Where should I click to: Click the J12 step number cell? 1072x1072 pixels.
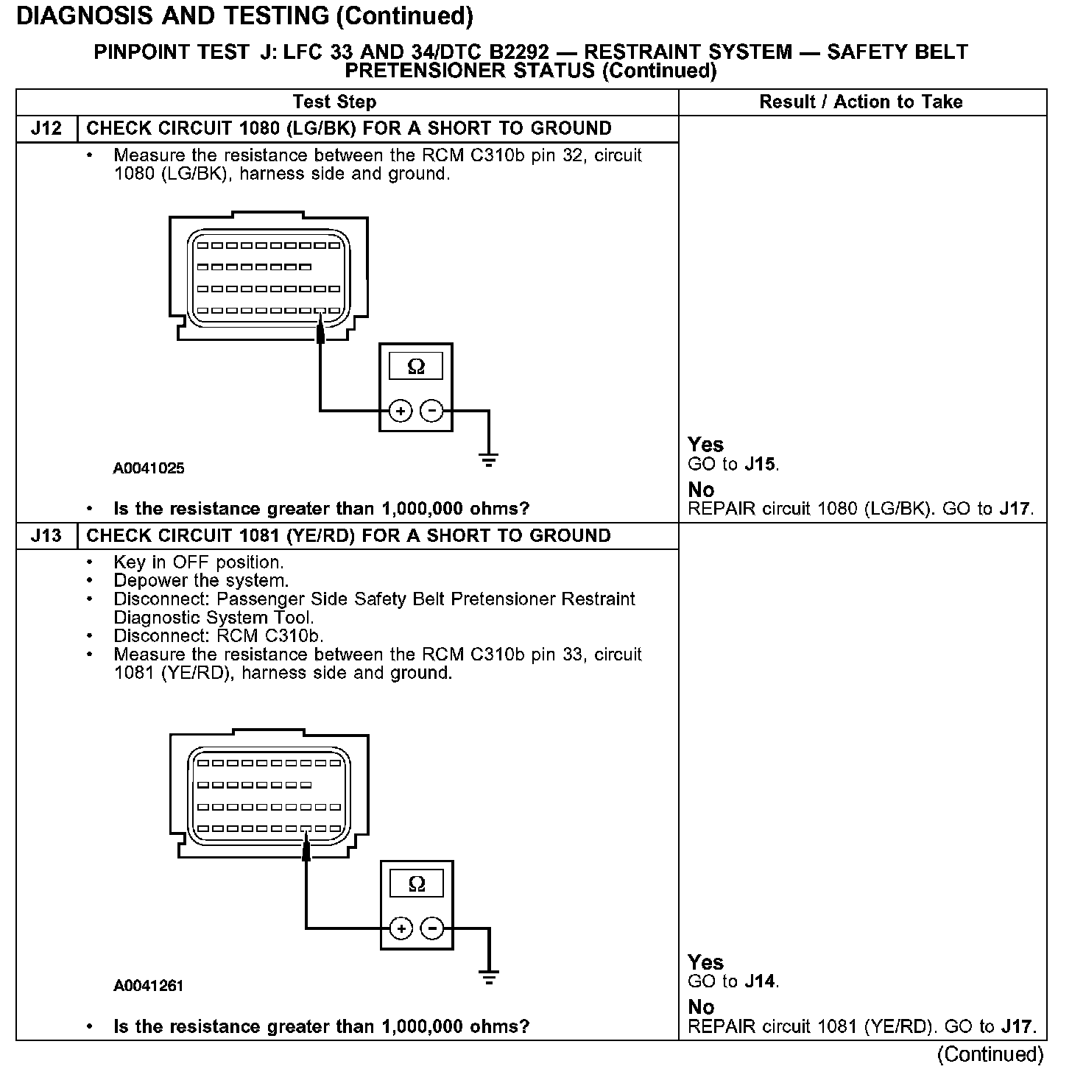click(46, 129)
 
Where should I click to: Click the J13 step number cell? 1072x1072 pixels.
click(46, 536)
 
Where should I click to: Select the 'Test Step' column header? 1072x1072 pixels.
click(334, 102)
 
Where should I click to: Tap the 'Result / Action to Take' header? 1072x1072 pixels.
click(861, 102)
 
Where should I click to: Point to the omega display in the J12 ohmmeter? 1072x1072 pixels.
click(416, 367)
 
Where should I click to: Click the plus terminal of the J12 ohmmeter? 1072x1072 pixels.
click(400, 411)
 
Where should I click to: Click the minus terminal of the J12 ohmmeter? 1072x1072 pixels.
click(432, 411)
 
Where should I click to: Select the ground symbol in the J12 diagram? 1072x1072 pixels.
click(488, 460)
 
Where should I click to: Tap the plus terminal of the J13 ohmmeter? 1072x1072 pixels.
click(401, 928)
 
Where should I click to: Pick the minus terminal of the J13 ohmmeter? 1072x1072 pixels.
click(433, 928)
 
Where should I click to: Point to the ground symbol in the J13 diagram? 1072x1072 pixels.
click(489, 978)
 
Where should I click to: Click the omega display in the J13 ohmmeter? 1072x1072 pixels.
click(417, 884)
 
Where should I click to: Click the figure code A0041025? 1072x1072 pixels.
click(149, 468)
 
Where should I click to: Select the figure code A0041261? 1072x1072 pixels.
click(149, 986)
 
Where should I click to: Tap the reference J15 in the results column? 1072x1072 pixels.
click(761, 465)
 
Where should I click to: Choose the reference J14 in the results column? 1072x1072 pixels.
click(761, 981)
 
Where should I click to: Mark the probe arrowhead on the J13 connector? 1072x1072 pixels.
click(306, 850)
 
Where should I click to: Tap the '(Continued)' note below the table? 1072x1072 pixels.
click(990, 1054)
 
